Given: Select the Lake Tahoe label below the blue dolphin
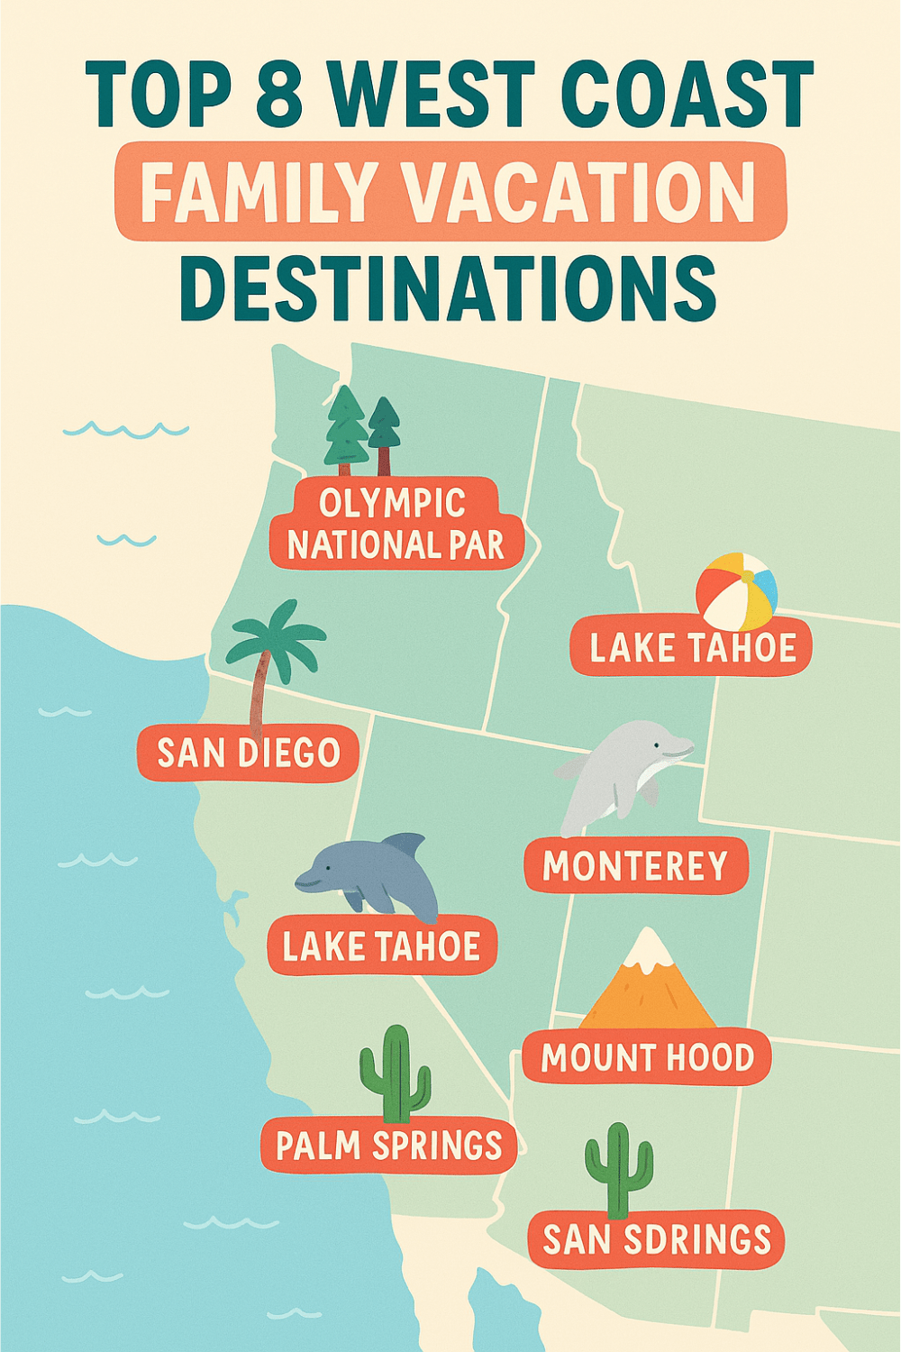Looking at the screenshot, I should tap(382, 946).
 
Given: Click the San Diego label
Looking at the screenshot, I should tap(248, 753).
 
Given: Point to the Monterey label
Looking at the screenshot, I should tap(635, 866).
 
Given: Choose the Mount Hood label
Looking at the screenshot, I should tap(647, 1057).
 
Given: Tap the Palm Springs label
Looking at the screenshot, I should tap(388, 1146).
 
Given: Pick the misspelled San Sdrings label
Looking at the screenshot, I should tap(657, 1239).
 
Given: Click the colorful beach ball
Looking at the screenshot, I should tap(736, 591).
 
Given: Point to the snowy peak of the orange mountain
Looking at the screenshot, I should tap(648, 951).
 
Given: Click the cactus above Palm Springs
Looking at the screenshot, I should tap(395, 1073).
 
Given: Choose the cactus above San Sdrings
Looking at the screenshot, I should tap(618, 1167).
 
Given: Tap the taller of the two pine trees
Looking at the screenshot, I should tap(347, 428).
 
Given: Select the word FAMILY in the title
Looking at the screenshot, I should tap(257, 192).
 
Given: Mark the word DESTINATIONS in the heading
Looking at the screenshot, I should tap(448, 288).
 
